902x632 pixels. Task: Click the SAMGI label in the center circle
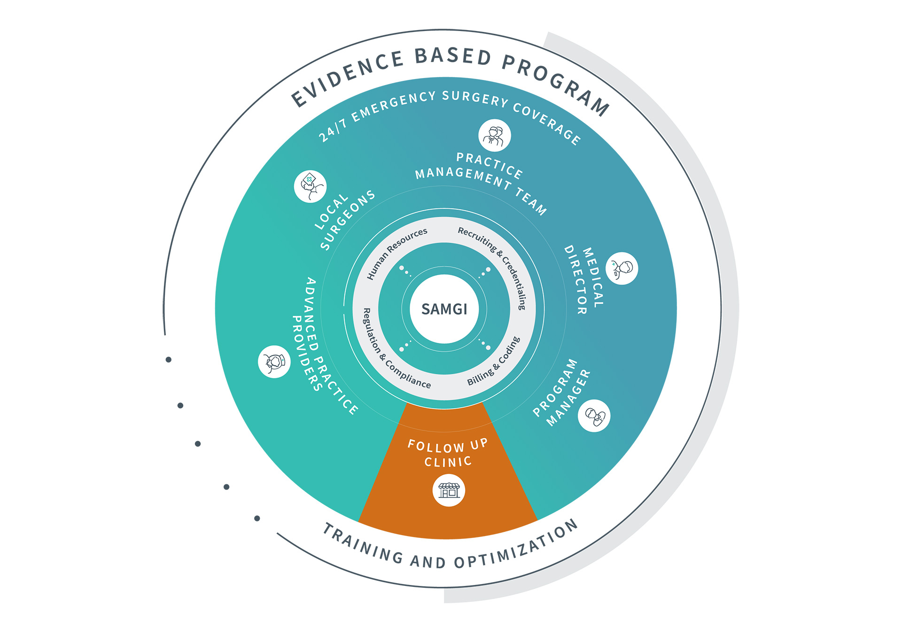444,309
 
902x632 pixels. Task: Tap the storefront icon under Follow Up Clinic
449,490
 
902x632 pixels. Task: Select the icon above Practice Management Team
494,136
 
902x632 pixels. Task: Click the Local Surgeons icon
310,186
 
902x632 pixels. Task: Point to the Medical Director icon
622,269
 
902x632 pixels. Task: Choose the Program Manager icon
594,416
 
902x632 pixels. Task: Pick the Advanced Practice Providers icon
274,362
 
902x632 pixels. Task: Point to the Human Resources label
397,253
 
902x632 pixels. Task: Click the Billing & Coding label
494,362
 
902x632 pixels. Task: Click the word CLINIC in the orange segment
448,462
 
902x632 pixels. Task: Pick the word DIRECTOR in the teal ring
576,280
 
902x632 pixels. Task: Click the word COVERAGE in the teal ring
547,121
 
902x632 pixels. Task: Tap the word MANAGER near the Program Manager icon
568,398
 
